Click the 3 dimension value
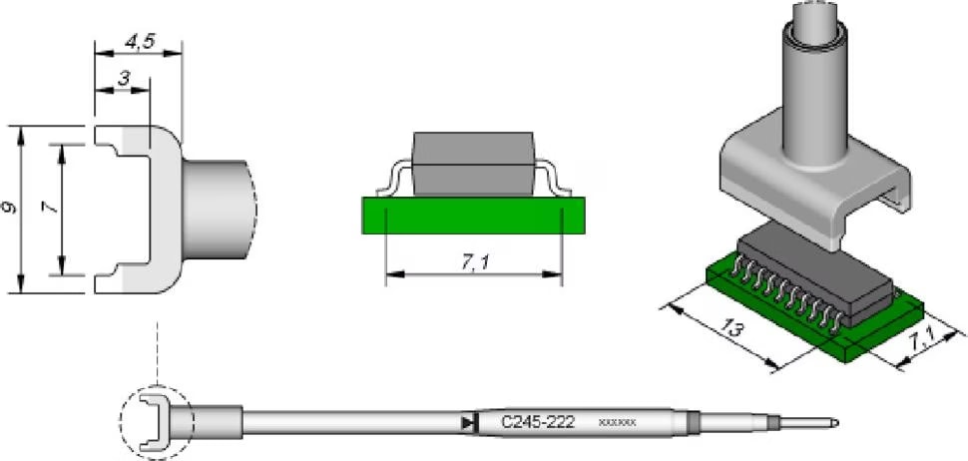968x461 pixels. click(123, 79)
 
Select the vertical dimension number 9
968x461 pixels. click(10, 210)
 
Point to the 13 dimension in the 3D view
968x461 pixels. click(731, 326)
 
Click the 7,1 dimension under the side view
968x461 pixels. click(475, 261)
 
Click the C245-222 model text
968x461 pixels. click(537, 422)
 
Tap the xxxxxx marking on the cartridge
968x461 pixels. click(617, 423)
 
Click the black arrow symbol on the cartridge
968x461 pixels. click(468, 423)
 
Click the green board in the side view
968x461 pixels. click(473, 214)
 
